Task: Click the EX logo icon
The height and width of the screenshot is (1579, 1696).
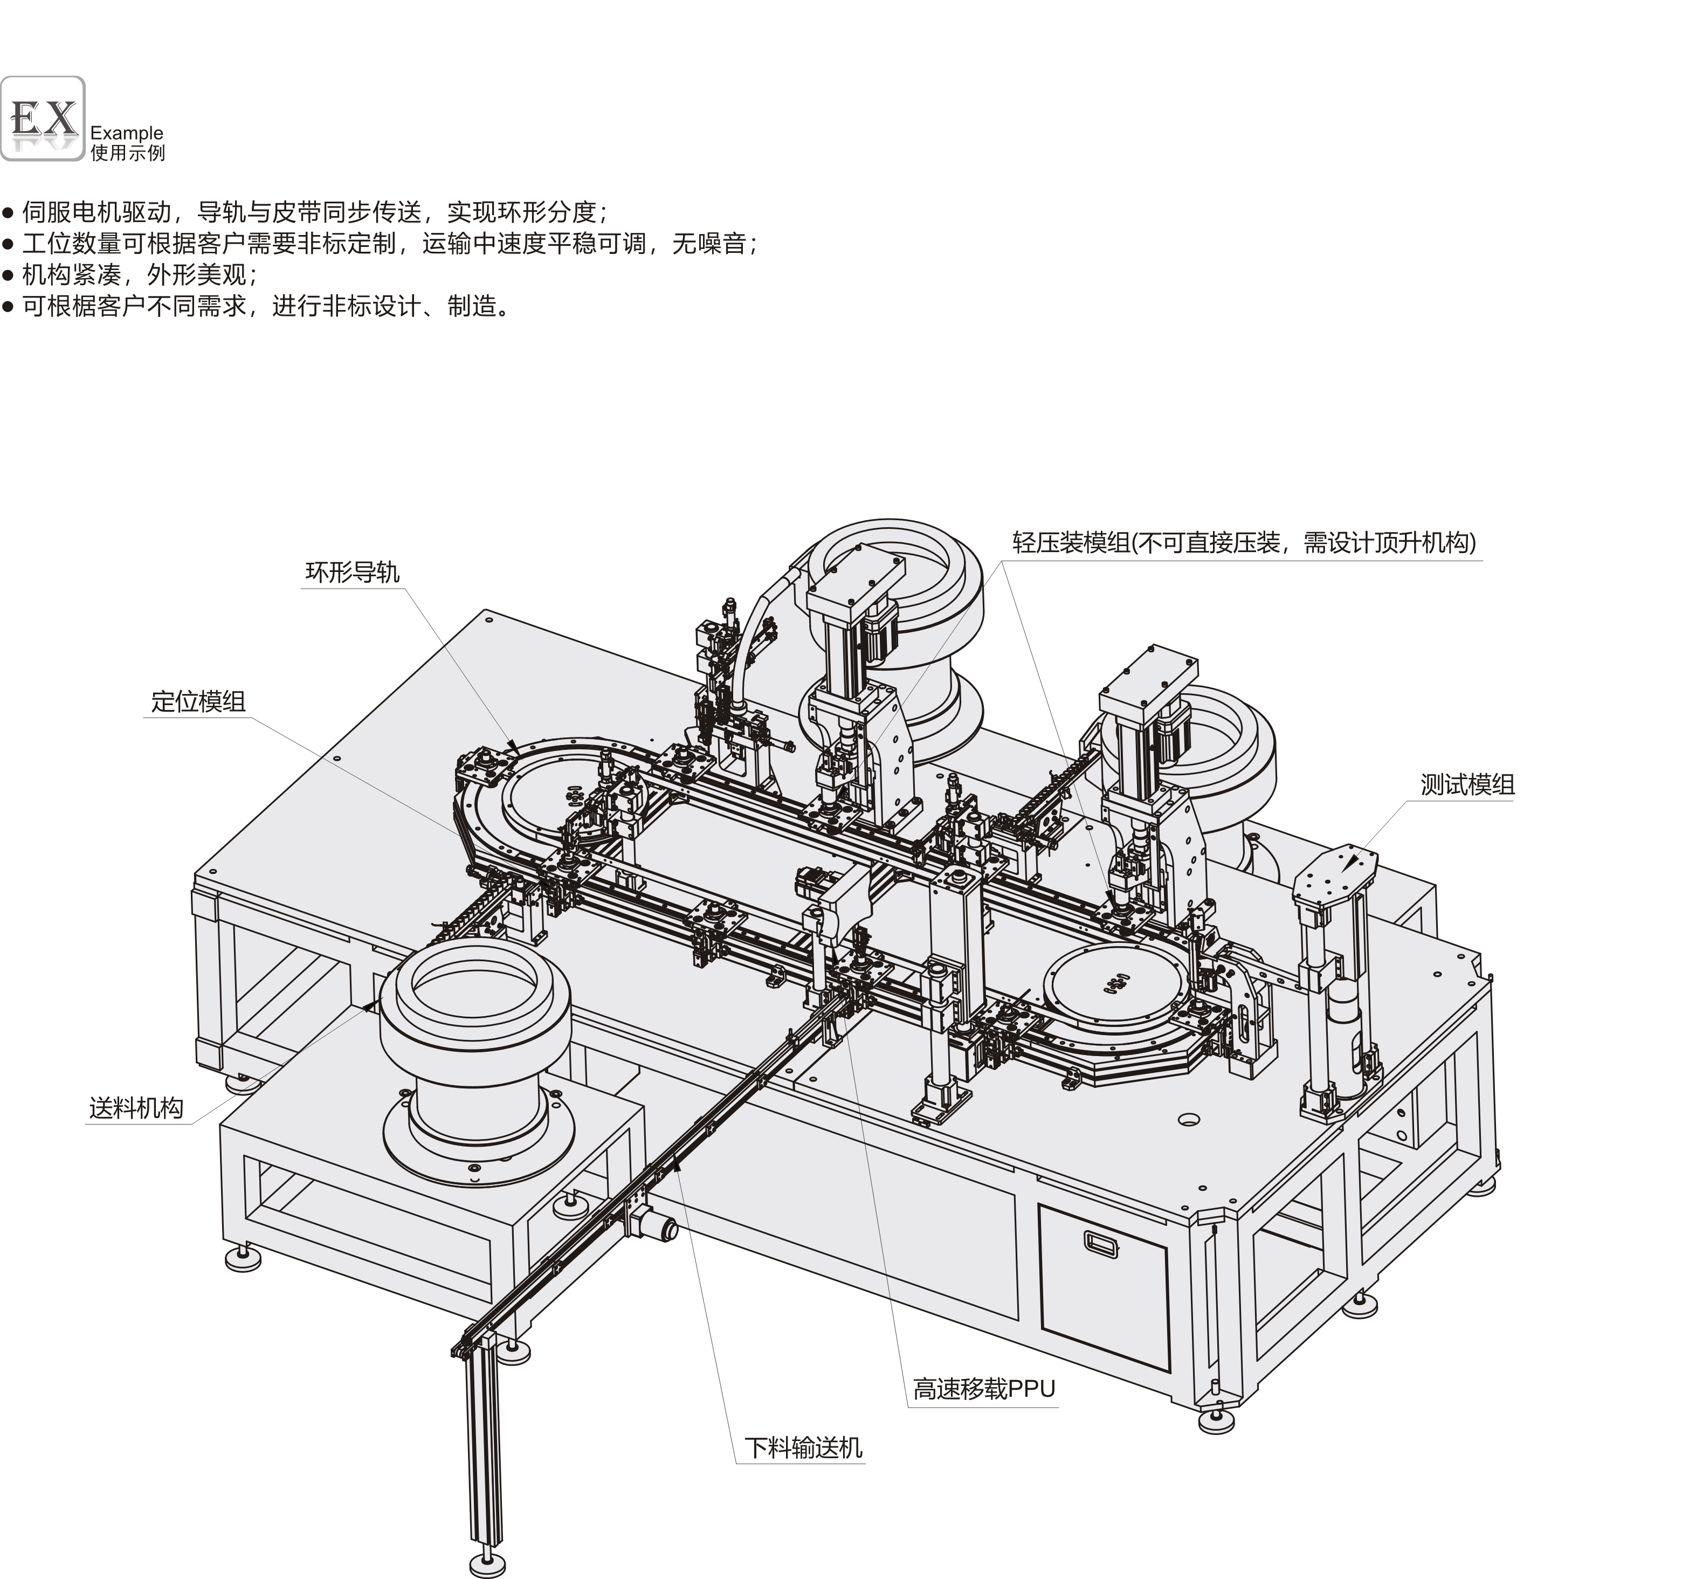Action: tap(43, 119)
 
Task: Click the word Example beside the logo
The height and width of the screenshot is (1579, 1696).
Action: tap(126, 133)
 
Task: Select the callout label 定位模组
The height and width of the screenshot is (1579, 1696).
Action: tap(198, 701)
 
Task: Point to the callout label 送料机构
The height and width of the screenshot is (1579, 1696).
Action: tap(136, 1108)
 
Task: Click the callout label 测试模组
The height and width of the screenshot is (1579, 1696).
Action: tap(1467, 785)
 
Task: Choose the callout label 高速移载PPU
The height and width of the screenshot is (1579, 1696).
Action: tap(984, 1390)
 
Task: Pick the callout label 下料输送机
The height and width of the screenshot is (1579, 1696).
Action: tap(803, 1447)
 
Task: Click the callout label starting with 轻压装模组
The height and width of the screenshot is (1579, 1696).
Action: tap(1244, 542)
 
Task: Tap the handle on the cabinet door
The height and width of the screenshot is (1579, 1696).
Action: tap(1100, 1244)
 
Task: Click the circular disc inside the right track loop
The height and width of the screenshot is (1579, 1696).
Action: tap(1113, 988)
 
